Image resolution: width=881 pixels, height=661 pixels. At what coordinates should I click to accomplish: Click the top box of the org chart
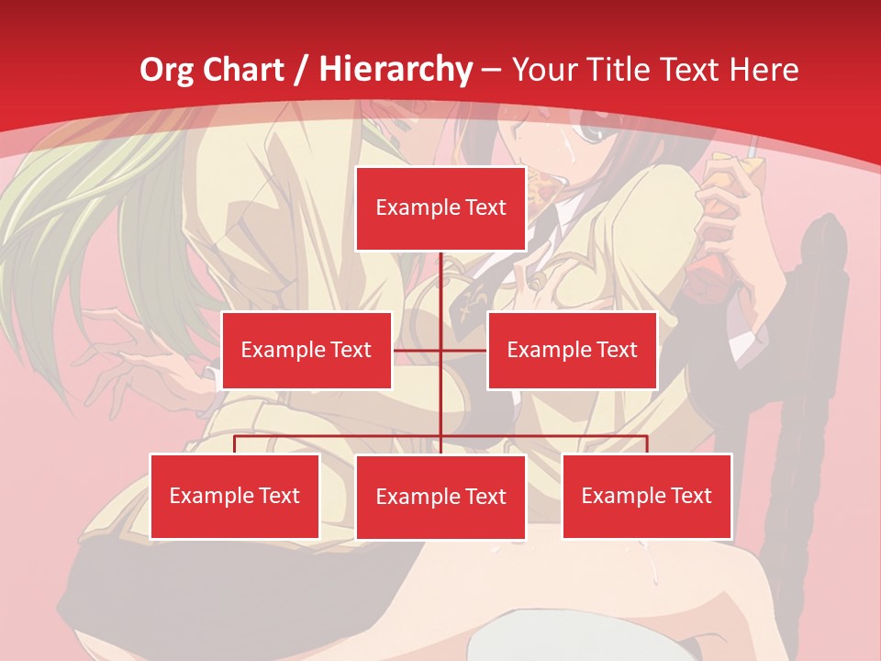tap(441, 208)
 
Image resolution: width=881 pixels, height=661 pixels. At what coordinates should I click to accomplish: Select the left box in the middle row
tap(307, 350)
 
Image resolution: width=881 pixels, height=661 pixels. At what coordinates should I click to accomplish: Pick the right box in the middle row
tap(572, 350)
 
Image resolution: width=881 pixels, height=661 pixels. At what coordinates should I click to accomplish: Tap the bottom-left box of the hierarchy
tap(235, 496)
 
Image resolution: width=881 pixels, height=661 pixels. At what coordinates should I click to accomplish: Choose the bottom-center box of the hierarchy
tap(441, 497)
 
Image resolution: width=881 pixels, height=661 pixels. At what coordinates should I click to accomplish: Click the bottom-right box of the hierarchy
tap(647, 496)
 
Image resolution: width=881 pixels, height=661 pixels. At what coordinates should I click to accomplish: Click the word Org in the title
tap(166, 70)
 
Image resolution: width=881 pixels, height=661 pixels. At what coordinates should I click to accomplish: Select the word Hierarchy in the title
tap(396, 70)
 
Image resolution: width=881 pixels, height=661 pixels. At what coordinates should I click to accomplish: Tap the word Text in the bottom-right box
tap(691, 496)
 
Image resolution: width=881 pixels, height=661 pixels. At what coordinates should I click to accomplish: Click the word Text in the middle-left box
tap(351, 350)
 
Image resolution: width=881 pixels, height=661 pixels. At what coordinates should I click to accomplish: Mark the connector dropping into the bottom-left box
tap(235, 444)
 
